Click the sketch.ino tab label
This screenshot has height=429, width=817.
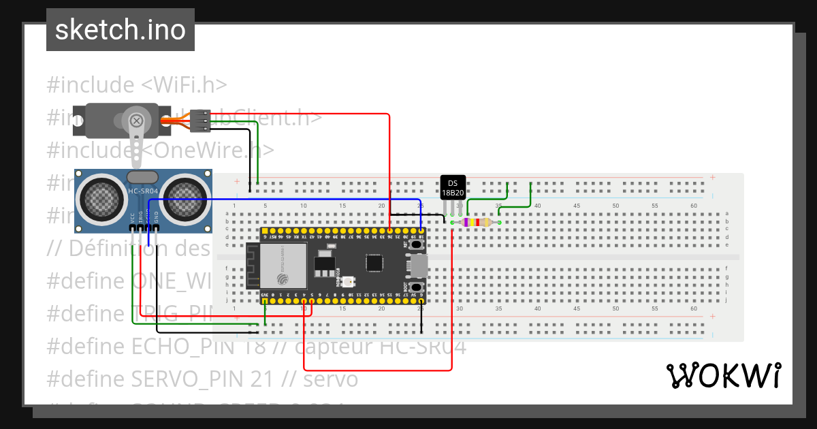pyautogui.click(x=120, y=30)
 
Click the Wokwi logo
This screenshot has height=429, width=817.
pyautogui.click(x=722, y=375)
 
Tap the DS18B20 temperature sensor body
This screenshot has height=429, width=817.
pyautogui.click(x=453, y=187)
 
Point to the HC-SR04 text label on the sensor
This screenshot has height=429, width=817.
pyautogui.click(x=143, y=191)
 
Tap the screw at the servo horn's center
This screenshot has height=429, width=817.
pyautogui.click(x=137, y=121)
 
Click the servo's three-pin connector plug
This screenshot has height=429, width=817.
pyautogui.click(x=199, y=121)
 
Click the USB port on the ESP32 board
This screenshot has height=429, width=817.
pyautogui.click(x=418, y=266)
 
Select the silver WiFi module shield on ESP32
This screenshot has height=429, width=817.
pyautogui.click(x=281, y=266)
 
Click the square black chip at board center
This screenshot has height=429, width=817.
pyautogui.click(x=374, y=263)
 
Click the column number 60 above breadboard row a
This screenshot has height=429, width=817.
pyautogui.click(x=693, y=206)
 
